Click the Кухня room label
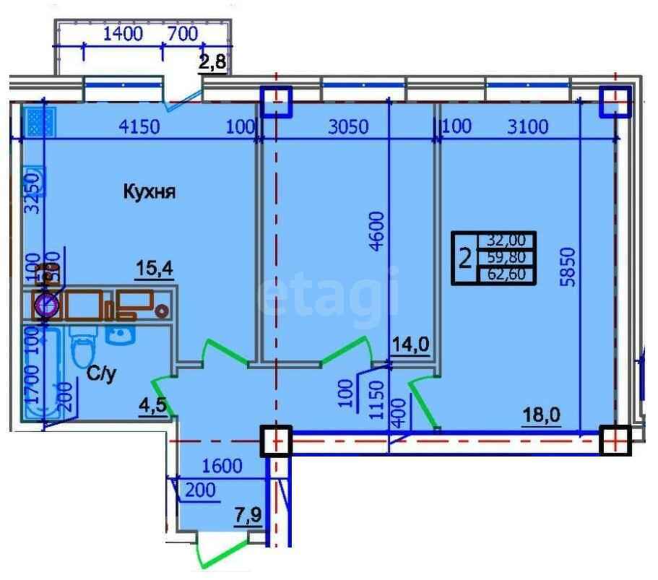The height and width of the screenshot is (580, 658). tap(150, 192)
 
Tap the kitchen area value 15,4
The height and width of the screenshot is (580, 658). tap(155, 270)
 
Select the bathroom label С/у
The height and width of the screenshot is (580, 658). tap(101, 374)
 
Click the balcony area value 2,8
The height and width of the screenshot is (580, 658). tap(213, 64)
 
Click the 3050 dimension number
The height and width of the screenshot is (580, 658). tap(348, 128)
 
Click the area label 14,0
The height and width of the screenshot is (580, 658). tap(410, 345)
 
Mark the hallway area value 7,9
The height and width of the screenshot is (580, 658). tap(248, 516)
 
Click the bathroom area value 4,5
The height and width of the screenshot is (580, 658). tap(152, 404)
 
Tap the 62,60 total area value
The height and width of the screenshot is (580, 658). tap(510, 274)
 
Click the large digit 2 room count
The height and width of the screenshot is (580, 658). tap(467, 257)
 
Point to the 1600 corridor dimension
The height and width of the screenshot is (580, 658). tap(221, 466)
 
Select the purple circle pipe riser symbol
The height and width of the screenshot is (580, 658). tap(46, 306)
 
